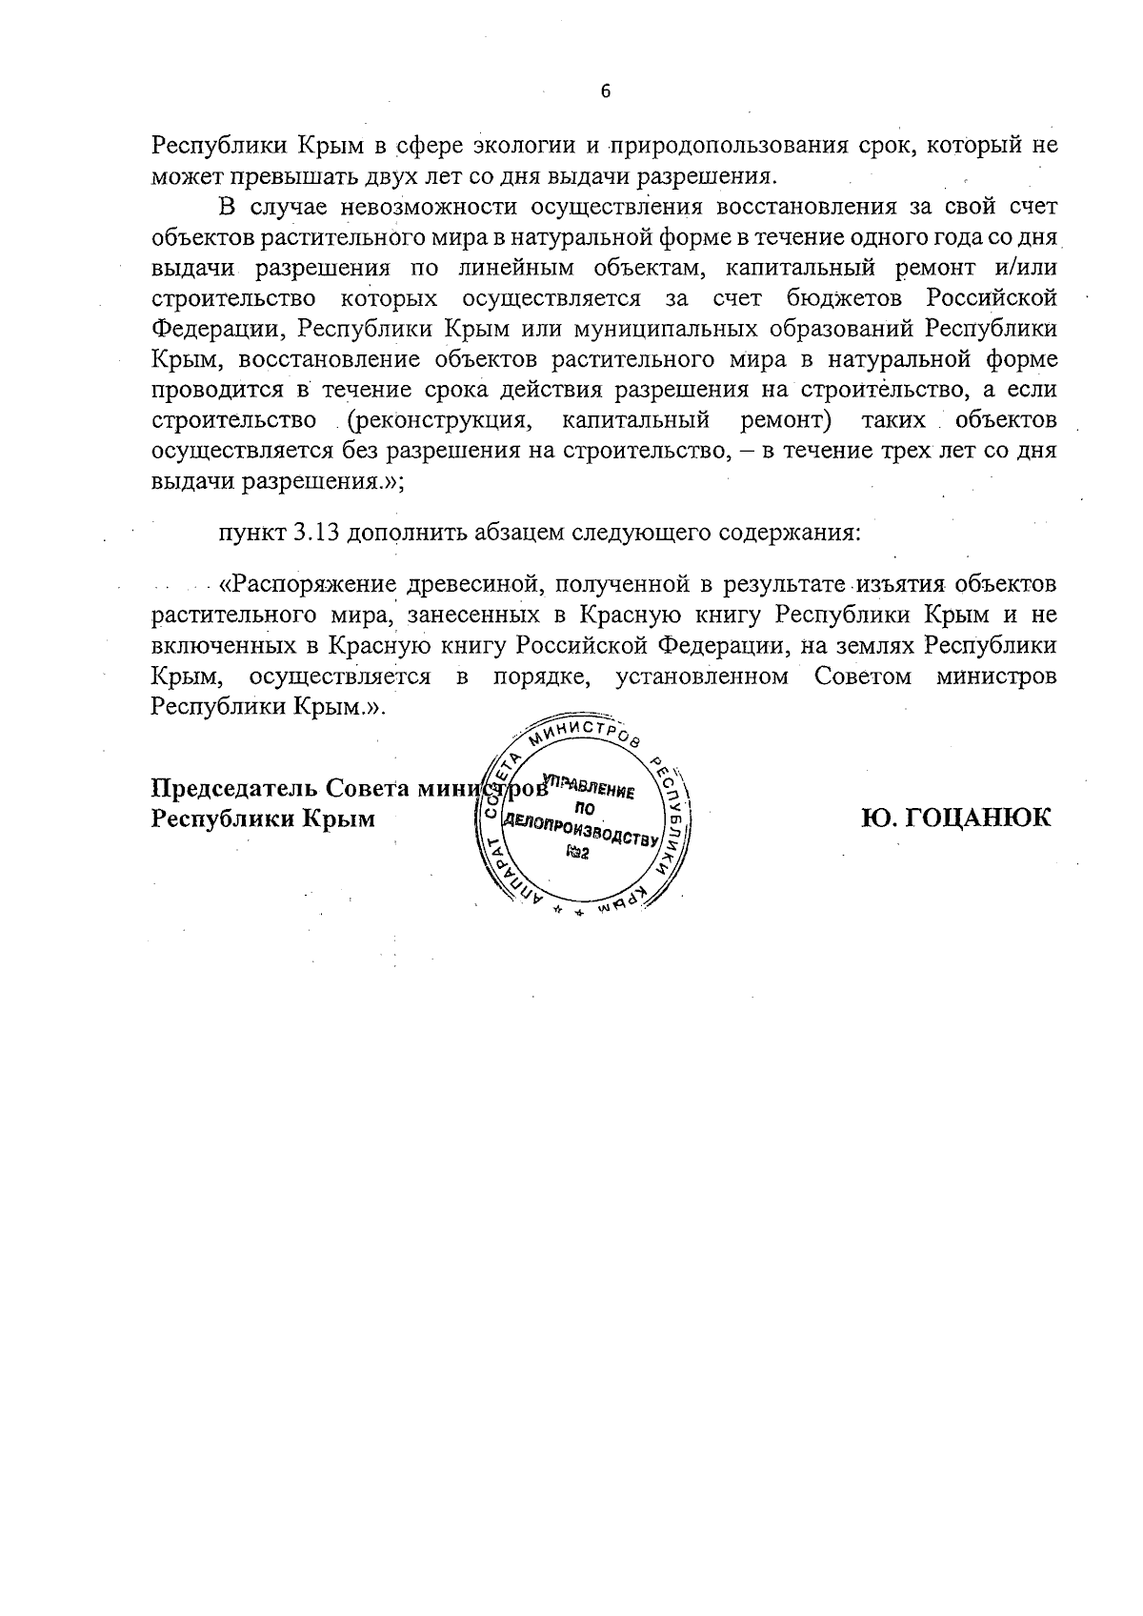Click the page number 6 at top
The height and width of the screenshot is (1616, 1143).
[605, 91]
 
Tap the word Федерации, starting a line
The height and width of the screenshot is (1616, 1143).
[219, 329]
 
